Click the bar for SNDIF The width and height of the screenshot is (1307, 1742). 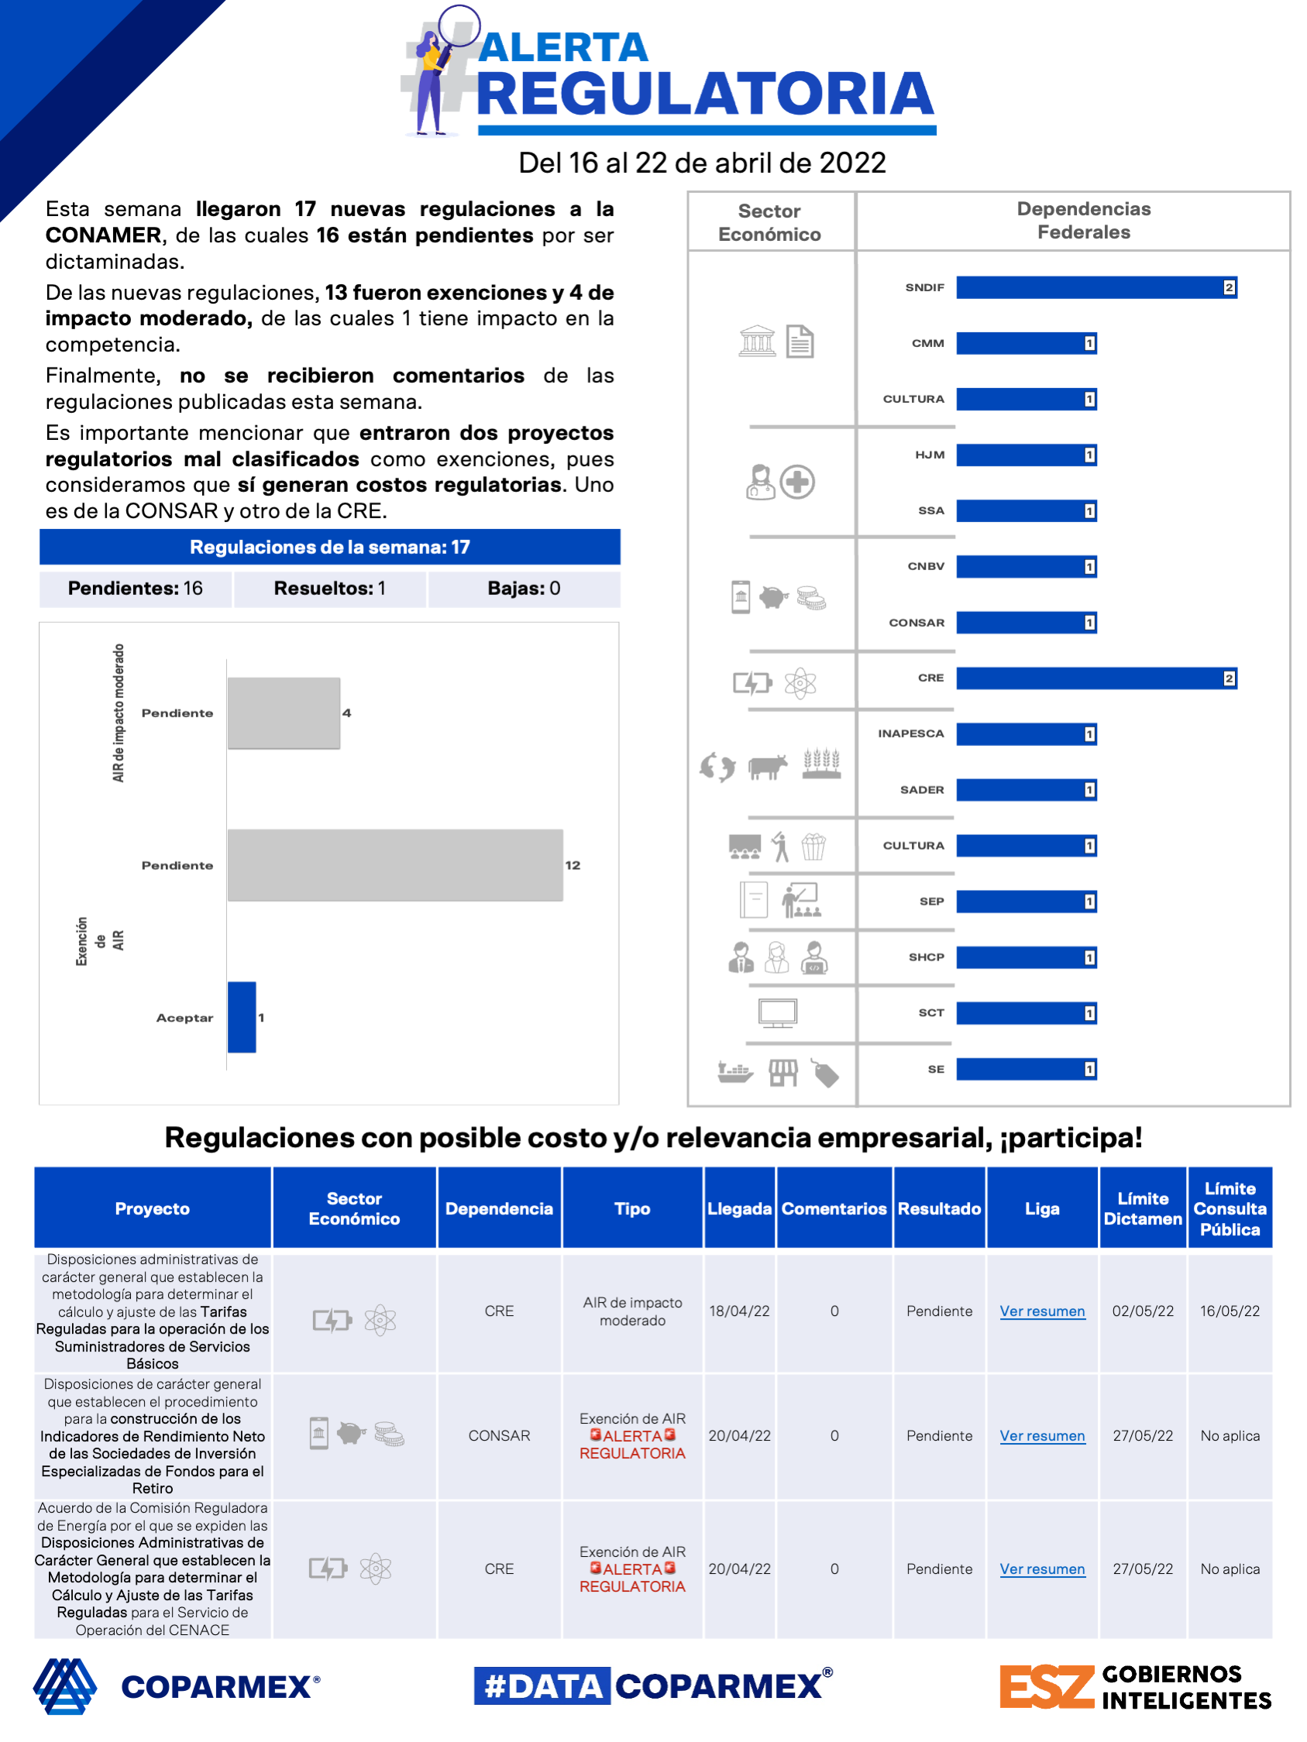click(x=1095, y=287)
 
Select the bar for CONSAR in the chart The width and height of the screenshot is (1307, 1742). click(x=1026, y=623)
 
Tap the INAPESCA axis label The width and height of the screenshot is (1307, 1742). click(x=911, y=734)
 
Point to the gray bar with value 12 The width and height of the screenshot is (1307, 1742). click(x=394, y=864)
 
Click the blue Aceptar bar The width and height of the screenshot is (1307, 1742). click(x=242, y=1017)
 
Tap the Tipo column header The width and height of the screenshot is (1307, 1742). click(x=632, y=1208)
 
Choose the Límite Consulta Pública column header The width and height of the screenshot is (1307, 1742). click(x=1229, y=1208)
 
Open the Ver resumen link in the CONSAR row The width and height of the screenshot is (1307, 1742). click(x=1041, y=1435)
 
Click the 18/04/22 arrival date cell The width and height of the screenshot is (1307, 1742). click(x=739, y=1311)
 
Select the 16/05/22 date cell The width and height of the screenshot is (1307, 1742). click(x=1229, y=1311)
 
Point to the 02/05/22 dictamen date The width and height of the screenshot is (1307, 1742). click(x=1142, y=1311)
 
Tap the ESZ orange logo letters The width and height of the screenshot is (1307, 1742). click(x=1046, y=1687)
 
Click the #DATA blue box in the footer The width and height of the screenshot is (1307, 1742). click(x=542, y=1686)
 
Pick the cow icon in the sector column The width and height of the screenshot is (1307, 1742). click(x=767, y=766)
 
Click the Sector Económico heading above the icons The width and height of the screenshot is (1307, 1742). click(x=769, y=223)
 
